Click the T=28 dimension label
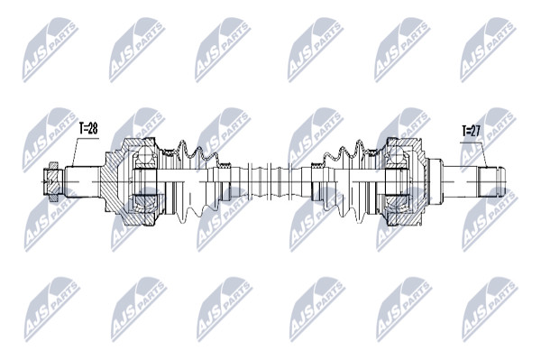coord(88,129)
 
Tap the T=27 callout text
coord(471,132)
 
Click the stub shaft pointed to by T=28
coord(83,182)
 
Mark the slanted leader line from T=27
coord(482,155)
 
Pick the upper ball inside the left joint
coord(146,156)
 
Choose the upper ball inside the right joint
coord(396,156)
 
